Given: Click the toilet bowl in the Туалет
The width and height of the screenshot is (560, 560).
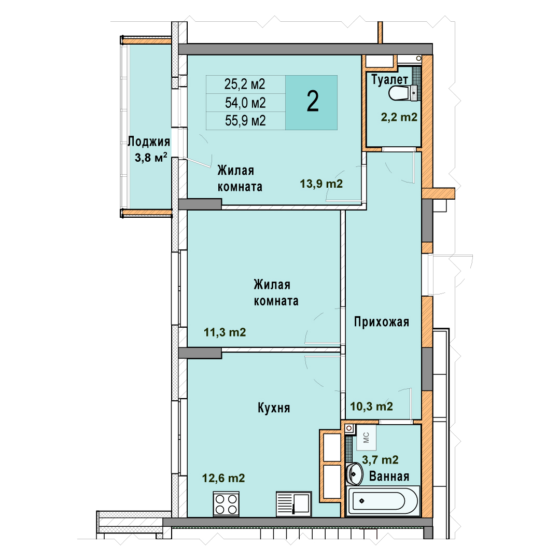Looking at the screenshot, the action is (x=402, y=93).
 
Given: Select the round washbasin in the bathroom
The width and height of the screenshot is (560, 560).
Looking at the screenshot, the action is (x=354, y=474).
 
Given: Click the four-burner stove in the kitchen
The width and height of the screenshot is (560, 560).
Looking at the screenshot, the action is (x=226, y=504).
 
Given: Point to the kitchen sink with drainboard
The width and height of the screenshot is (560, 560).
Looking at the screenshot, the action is (x=293, y=504).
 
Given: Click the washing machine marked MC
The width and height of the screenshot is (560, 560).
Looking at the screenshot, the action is (x=366, y=438).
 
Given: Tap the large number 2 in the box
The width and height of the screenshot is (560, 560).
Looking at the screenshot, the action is (x=313, y=102).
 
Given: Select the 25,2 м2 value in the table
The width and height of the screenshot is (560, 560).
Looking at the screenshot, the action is (x=245, y=85).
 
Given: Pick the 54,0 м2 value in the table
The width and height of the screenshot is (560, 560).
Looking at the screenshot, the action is (x=245, y=103).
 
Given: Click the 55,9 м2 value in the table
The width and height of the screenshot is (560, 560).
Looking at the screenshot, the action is (x=245, y=121).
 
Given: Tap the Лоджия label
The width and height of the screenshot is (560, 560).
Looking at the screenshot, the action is (x=149, y=142).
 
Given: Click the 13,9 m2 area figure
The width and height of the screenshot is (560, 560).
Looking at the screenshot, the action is (x=321, y=184).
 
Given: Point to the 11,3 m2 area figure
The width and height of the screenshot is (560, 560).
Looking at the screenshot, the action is (x=225, y=332).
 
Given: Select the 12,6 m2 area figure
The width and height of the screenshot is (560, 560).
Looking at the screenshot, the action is (x=223, y=478).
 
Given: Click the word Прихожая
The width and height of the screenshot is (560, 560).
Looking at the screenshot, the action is (x=382, y=322).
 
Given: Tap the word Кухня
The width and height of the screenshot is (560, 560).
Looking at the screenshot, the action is (x=274, y=408).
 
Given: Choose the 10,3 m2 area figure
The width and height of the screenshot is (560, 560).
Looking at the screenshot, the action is (x=371, y=407).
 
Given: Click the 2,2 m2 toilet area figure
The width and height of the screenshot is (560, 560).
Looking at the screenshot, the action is (x=399, y=117).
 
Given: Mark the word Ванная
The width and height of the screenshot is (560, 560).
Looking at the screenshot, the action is (x=389, y=477).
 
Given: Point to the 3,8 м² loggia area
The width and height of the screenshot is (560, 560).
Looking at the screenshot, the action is (x=151, y=157).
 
